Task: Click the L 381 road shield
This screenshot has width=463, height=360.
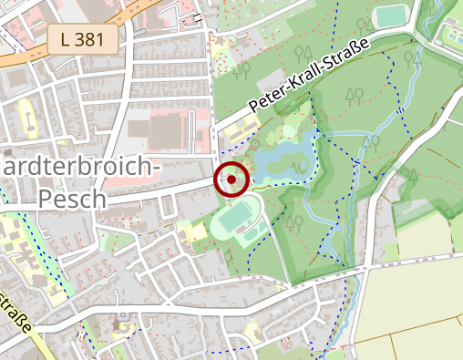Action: (85, 40)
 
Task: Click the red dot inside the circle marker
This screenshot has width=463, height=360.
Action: (232, 180)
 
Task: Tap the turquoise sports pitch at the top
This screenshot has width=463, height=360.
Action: (389, 15)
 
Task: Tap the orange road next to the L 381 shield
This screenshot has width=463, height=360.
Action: (27, 55)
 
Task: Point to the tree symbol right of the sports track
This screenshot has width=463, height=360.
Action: (293, 222)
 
